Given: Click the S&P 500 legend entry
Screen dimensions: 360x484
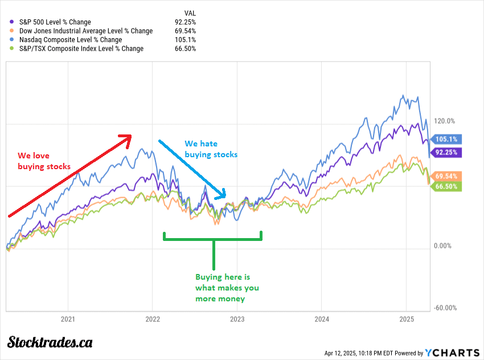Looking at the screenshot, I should (x=55, y=22).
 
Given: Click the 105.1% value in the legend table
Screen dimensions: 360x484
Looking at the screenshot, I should (x=186, y=40).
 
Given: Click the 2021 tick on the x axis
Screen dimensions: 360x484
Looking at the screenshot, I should (x=68, y=320).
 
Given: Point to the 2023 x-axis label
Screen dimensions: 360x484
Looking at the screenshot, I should (x=237, y=320).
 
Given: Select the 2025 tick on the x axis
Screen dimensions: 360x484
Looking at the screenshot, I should (x=406, y=320).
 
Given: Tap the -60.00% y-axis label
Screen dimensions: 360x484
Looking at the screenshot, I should (x=445, y=308).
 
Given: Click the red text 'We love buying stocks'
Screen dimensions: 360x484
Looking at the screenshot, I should (x=44, y=161).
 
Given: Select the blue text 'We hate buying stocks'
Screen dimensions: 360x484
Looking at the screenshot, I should (x=211, y=149).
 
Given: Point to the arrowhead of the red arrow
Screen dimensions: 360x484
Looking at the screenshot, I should (x=126, y=136).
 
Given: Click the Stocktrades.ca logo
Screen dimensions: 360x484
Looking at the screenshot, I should (x=50, y=342).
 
